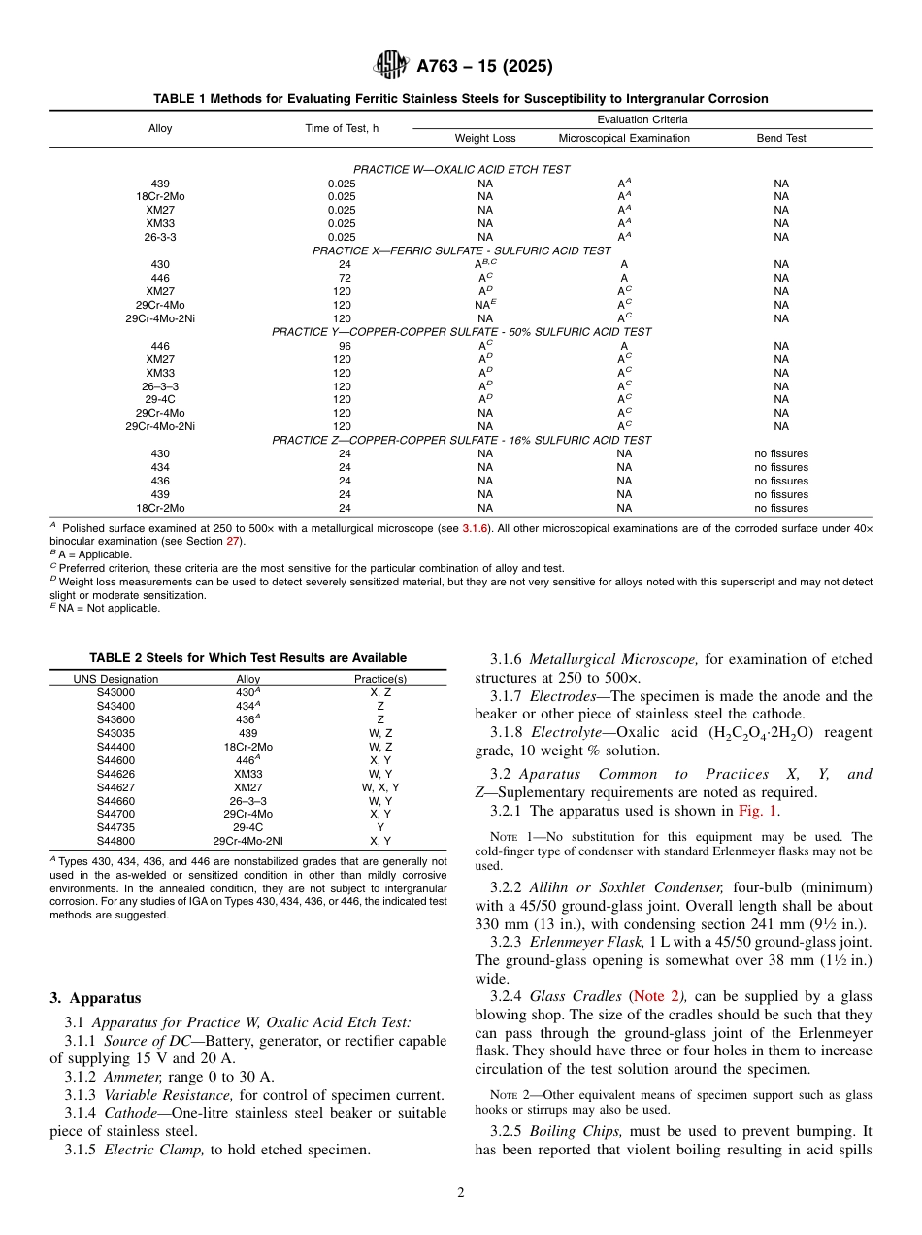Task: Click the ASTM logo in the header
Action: [x=392, y=66]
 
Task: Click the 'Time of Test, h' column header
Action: [x=342, y=128]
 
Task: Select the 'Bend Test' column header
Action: [x=780, y=138]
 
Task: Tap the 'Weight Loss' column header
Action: [x=485, y=138]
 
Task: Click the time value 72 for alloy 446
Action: [x=342, y=278]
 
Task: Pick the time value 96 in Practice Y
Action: [x=342, y=346]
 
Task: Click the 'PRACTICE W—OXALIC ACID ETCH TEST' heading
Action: [x=461, y=169]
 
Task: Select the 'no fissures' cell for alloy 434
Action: [x=780, y=467]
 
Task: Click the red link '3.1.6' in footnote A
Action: [x=476, y=527]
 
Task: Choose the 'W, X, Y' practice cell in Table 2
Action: [x=379, y=787]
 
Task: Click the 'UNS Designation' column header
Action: [x=116, y=679]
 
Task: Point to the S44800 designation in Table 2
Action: [x=116, y=841]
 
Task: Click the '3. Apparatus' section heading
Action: [x=95, y=998]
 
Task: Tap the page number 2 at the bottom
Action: [x=461, y=1193]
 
